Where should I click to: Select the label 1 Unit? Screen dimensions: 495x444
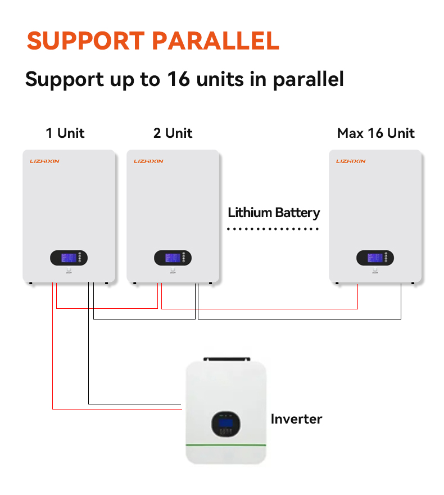(x=65, y=133)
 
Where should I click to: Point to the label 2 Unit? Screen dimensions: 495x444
(x=173, y=133)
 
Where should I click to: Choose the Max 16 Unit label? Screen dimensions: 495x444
(x=375, y=133)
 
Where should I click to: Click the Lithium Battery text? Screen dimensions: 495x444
(x=274, y=213)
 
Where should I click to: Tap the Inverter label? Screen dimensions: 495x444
(x=296, y=419)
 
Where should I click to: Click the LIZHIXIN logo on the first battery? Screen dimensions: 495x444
(x=44, y=161)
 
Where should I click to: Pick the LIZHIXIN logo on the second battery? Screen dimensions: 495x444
(x=148, y=161)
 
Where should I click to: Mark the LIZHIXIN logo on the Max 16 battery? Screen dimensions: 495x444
(x=351, y=161)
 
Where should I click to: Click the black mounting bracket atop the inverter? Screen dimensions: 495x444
(x=226, y=358)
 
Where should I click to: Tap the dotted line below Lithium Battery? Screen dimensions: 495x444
(x=273, y=229)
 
